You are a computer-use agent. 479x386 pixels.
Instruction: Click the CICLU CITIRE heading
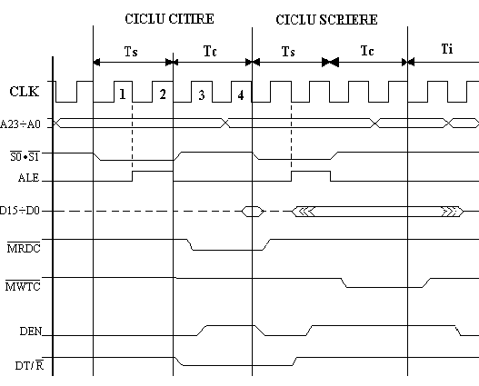[x=169, y=19]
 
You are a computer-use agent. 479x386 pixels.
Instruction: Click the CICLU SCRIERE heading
[x=326, y=20]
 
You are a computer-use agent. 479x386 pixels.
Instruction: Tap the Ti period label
[x=447, y=49]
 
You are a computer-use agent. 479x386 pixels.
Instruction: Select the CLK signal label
[x=25, y=91]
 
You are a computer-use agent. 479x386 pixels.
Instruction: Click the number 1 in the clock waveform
[x=122, y=94]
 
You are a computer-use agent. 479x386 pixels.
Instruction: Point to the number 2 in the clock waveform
[x=163, y=94]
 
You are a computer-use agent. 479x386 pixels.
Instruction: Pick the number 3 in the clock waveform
[x=201, y=95]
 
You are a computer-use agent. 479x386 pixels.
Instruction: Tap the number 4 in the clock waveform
[x=241, y=95]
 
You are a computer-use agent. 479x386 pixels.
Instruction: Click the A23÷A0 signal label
[x=20, y=124]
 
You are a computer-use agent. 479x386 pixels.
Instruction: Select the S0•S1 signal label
[x=25, y=157]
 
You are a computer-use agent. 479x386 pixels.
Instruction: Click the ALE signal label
[x=29, y=178]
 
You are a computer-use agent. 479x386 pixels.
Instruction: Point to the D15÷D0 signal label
[x=20, y=211]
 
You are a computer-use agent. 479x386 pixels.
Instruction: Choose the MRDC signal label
[x=24, y=248]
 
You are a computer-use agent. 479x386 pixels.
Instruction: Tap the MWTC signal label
[x=23, y=286]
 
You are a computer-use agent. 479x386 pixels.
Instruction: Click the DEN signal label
[x=31, y=332]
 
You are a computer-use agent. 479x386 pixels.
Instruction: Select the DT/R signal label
[x=29, y=365]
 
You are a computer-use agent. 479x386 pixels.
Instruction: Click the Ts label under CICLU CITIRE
[x=131, y=51]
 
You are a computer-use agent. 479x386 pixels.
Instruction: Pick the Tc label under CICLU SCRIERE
[x=367, y=51]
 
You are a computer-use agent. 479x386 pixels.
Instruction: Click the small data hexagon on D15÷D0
[x=253, y=212]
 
